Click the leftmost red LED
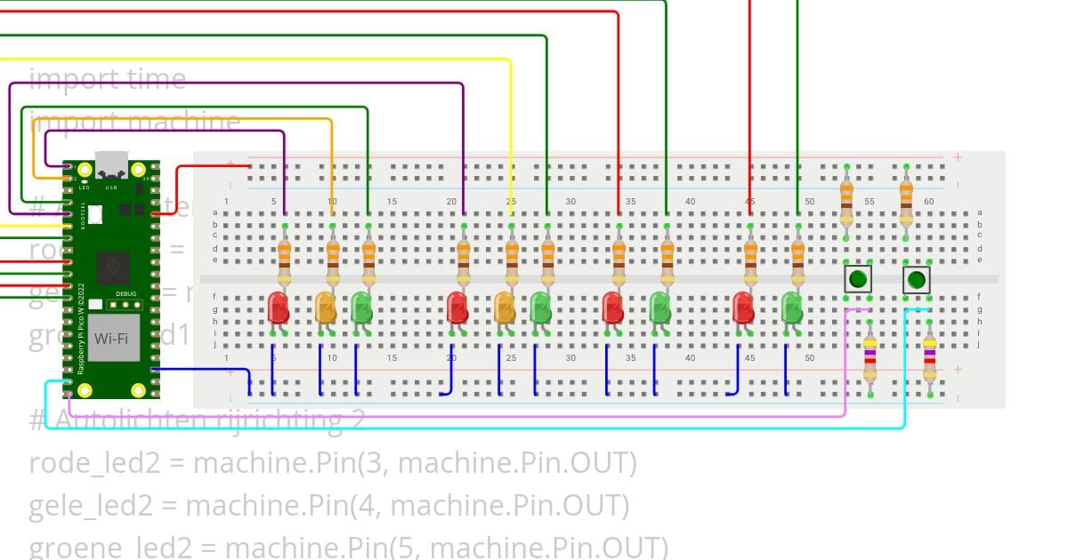pos(278,308)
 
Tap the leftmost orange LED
pos(326,308)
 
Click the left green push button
pos(857,280)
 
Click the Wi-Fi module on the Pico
pos(112,338)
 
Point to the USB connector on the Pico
pos(111,164)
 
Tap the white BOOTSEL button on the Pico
pos(94,214)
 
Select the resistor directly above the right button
pos(906,200)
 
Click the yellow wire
pos(510,133)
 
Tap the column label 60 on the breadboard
pos(928,202)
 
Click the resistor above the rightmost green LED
pos(797,256)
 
